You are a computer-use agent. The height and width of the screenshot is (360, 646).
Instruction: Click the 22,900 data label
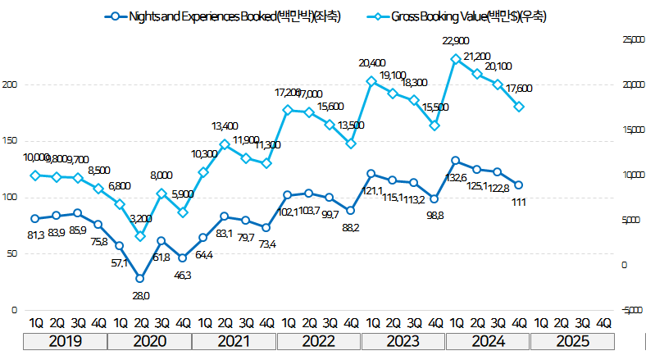tap(456, 41)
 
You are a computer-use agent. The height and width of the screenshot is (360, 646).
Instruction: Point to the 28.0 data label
tap(140, 296)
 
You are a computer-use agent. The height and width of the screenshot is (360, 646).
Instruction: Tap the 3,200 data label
tap(141, 219)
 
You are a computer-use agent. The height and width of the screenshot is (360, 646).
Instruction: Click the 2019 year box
tap(65, 340)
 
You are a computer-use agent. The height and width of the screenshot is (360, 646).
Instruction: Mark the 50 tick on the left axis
tap(12, 254)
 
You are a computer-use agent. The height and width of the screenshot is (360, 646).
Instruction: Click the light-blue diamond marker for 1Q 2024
tap(455, 59)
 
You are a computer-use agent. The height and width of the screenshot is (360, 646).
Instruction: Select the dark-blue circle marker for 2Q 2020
tap(140, 279)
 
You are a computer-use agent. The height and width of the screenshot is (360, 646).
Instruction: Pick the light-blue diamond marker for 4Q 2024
tap(519, 107)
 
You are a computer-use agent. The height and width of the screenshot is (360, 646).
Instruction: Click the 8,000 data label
tap(161, 175)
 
